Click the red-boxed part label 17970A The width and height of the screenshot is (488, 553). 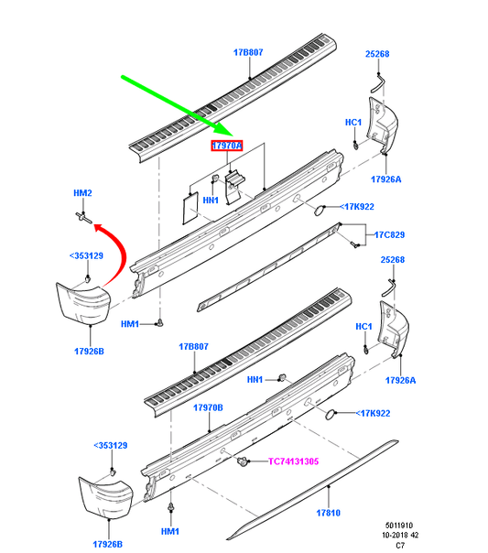pyautogui.click(x=227, y=146)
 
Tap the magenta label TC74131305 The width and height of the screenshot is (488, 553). pyautogui.click(x=293, y=461)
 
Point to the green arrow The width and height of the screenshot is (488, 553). pyautogui.click(x=178, y=106)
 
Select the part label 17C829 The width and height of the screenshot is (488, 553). pyautogui.click(x=389, y=235)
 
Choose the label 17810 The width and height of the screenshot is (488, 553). pyautogui.click(x=329, y=513)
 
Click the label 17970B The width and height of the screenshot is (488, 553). pyautogui.click(x=208, y=407)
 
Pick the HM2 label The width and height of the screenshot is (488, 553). pyautogui.click(x=82, y=193)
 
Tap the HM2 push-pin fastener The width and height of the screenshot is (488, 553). pyautogui.click(x=84, y=218)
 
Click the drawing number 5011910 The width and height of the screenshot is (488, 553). pyautogui.click(x=399, y=526)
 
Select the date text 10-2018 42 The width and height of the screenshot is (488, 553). pyautogui.click(x=400, y=535)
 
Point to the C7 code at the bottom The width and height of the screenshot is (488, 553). pyautogui.click(x=400, y=546)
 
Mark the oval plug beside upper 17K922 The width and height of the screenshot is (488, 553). pyautogui.click(x=320, y=211)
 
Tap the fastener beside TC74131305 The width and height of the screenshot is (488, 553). pyautogui.click(x=242, y=461)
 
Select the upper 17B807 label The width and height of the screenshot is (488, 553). pyautogui.click(x=248, y=52)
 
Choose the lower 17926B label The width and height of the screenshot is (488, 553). pyautogui.click(x=107, y=544)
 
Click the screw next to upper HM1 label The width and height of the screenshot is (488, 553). pyautogui.click(x=160, y=322)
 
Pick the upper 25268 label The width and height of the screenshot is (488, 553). pyautogui.click(x=377, y=54)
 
